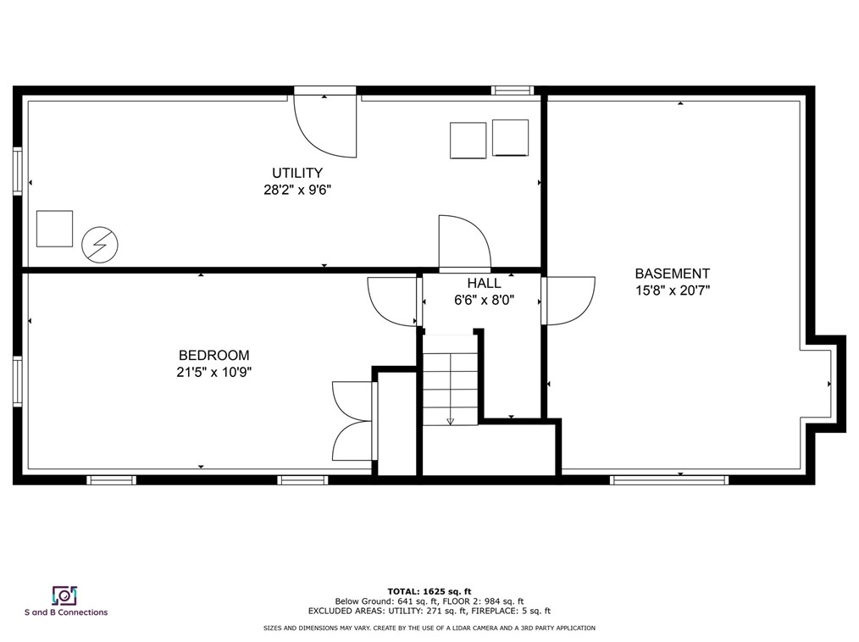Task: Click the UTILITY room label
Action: point(296,173)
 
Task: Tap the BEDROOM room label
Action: point(213,356)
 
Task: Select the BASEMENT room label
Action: point(673,274)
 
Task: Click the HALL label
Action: point(484,284)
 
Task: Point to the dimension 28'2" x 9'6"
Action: point(296,190)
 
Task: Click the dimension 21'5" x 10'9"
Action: point(214,372)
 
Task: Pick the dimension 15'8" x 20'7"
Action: point(673,291)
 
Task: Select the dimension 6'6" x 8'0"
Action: point(485,300)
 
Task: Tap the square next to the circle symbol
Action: point(54,229)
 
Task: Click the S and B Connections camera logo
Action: point(65,595)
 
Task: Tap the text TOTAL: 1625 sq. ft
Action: point(429,589)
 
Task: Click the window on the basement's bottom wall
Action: point(669,480)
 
